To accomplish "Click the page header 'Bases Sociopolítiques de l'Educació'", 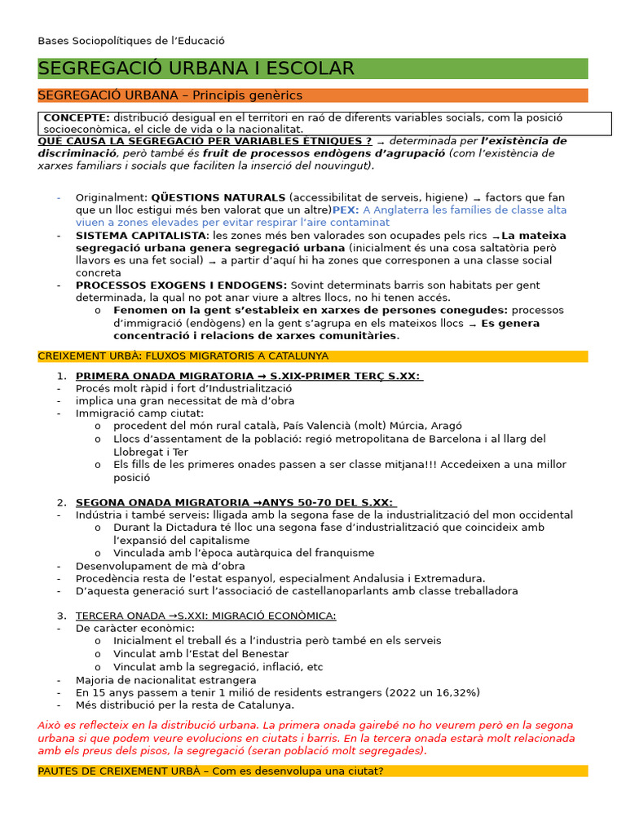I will pos(131,41).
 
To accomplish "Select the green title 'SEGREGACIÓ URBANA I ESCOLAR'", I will pos(196,68).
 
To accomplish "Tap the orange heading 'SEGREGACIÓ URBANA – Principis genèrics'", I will pos(170,95).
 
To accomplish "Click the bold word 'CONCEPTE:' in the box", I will pos(77,118).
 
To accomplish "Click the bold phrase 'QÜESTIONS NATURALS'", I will pos(218,197).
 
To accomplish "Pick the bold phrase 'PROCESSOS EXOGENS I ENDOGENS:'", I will pos(181,285).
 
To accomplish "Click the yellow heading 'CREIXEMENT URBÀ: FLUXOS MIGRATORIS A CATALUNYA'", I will pos(183,356).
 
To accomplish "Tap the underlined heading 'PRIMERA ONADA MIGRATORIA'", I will pos(163,376).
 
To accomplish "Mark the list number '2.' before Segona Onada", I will pos(62,502).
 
